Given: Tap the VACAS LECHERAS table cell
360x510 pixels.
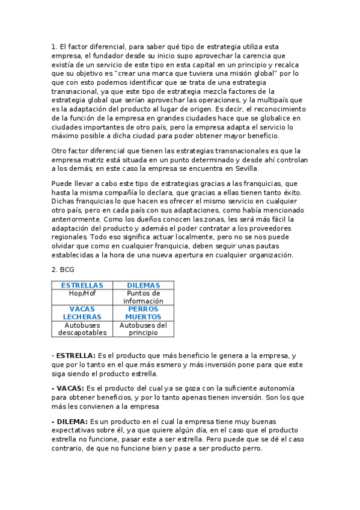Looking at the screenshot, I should [x=82, y=313].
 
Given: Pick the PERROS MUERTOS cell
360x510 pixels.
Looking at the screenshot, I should [x=143, y=313].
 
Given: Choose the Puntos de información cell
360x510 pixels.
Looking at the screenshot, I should [x=143, y=297].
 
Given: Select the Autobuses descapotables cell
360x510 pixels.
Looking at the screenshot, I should [x=82, y=328].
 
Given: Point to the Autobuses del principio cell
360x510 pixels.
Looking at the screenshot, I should [x=143, y=328].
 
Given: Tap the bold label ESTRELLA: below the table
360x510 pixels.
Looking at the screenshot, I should [x=75, y=356].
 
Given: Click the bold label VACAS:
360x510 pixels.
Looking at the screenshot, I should [x=70, y=389].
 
